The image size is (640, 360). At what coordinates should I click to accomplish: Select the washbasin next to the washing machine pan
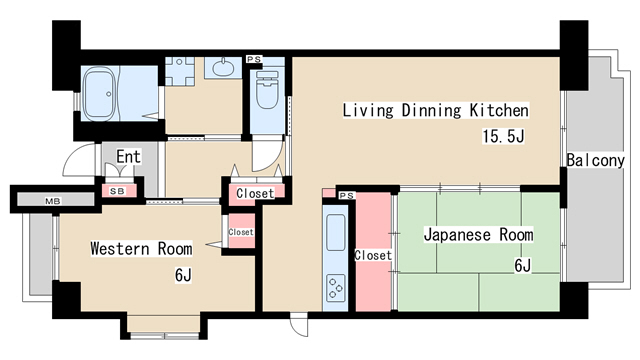222,69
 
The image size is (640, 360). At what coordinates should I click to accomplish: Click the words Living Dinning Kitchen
435,110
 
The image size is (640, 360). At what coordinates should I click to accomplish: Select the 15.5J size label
503,136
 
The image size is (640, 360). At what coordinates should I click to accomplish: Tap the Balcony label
595,160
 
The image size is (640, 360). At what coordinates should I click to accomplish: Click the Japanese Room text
477,235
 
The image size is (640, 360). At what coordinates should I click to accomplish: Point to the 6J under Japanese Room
522,265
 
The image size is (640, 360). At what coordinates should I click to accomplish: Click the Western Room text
141,248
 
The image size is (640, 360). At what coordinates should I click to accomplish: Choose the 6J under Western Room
182,274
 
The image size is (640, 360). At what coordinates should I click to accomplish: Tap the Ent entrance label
128,157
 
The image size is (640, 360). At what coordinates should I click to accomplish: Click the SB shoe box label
117,190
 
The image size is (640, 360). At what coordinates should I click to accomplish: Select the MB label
51,202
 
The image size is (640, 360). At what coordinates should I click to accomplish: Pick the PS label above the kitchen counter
346,195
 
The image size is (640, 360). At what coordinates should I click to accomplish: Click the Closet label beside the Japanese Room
373,256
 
